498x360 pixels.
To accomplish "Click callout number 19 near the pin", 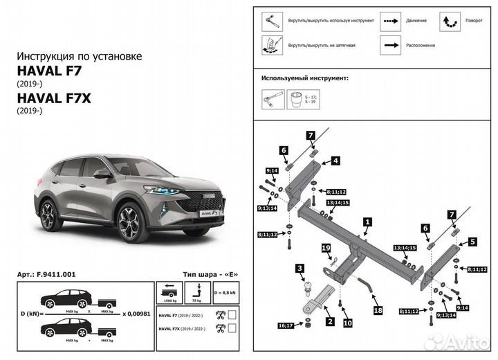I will pyautogui.click(x=325, y=247).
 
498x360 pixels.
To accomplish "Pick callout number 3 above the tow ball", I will pyautogui.click(x=299, y=269).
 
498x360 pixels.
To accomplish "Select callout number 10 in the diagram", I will pyautogui.click(x=347, y=323).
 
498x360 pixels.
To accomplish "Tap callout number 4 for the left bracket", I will pyautogui.click(x=335, y=161).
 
